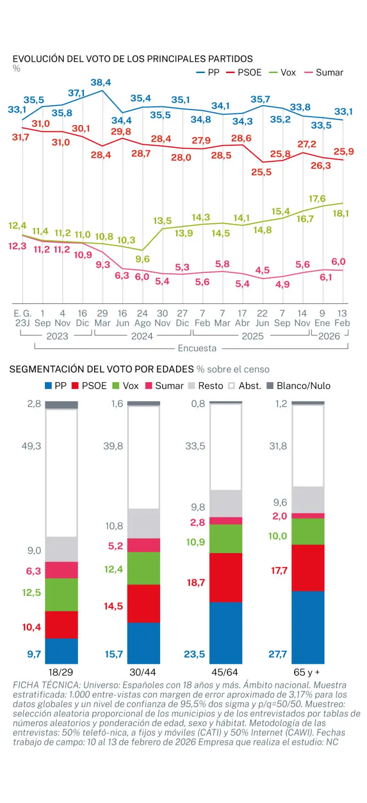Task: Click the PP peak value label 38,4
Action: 100,83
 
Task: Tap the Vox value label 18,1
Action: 340,213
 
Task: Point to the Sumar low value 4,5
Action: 262,270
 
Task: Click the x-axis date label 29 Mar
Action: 102,318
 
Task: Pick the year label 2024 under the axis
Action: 142,336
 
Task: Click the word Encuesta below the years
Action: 197,348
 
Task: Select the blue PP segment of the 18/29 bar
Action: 61,651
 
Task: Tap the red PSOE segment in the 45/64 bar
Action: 226,577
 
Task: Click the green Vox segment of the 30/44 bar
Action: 144,568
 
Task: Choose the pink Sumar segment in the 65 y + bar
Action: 308,516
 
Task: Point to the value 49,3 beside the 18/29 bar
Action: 31,446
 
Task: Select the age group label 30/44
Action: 143,672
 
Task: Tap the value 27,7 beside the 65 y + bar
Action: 278,654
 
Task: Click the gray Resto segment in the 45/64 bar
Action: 226,503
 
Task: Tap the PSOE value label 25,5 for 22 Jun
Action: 261,172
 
